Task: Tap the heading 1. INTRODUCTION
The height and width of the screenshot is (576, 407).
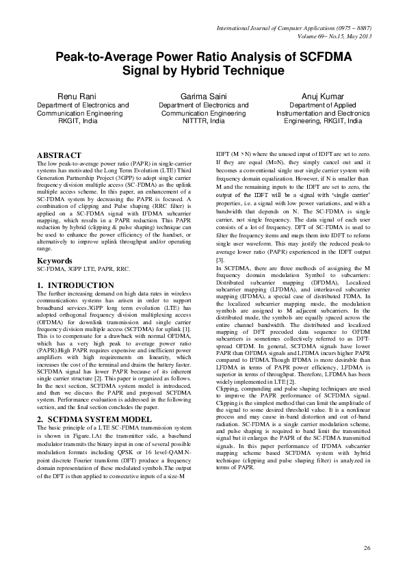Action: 75,285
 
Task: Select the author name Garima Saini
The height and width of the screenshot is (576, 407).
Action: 203,96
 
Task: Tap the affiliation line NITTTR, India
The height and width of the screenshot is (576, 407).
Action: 203,120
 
